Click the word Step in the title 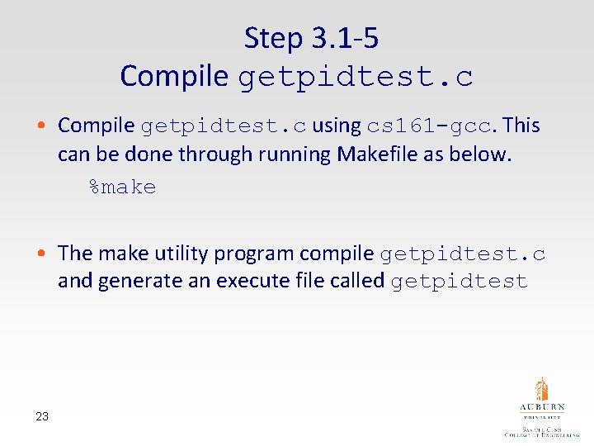274,38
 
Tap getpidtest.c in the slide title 356,77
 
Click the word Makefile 375,154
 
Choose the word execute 249,281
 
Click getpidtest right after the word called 459,282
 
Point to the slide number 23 42,416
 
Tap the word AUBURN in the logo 541,408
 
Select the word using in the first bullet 336,126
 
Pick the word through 221,154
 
